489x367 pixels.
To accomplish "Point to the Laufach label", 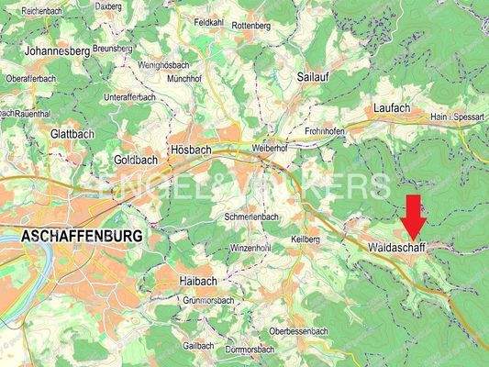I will (x=393, y=108).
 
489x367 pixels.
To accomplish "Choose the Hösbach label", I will (x=191, y=149).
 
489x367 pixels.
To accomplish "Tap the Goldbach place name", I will (x=135, y=159).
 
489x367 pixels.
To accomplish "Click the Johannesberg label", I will (x=58, y=51).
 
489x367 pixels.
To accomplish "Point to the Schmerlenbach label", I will (x=251, y=217).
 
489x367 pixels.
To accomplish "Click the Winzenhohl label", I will (x=250, y=248).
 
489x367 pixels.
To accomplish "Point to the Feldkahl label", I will (x=209, y=21).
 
